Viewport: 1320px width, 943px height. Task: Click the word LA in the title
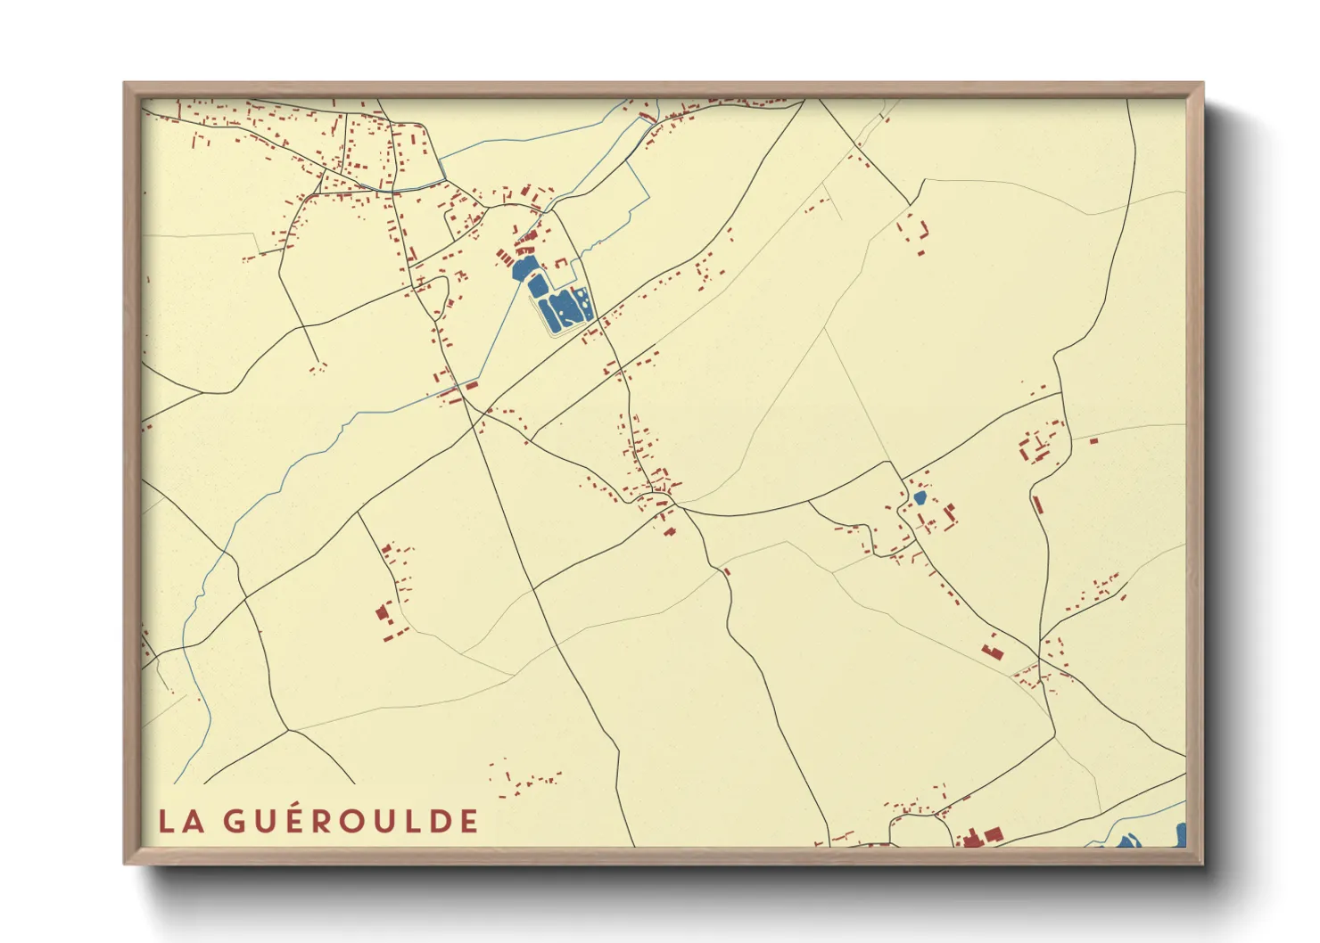pos(182,821)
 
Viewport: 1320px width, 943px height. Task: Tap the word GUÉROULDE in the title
pos(351,821)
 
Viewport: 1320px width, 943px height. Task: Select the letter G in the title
pos(234,821)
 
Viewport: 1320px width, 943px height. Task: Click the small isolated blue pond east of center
pos(920,497)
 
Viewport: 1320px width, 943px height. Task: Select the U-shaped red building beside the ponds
pos(561,264)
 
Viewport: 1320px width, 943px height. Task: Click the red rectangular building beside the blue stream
pos(471,386)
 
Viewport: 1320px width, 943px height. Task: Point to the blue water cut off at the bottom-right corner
pos(1181,835)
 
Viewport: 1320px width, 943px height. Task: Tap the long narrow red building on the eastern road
pos(1037,504)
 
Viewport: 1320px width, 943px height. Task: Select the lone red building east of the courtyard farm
pos(1093,439)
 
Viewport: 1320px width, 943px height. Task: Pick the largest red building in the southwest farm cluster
pos(383,612)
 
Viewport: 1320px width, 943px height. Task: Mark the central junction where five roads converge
pos(675,505)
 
